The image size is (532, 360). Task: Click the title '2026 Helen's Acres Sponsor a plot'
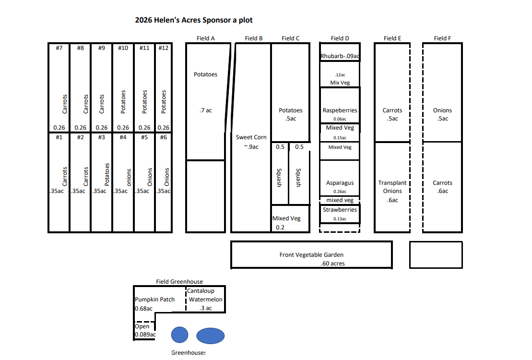(x=193, y=20)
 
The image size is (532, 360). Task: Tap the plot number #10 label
(x=123, y=48)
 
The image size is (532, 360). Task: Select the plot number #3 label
(x=101, y=137)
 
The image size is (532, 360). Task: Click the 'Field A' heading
(x=206, y=38)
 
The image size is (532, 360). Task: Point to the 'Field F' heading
(x=442, y=38)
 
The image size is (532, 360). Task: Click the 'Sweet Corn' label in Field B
(x=251, y=137)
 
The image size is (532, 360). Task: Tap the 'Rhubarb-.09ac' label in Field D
(x=340, y=57)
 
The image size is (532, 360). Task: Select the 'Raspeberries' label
(x=340, y=110)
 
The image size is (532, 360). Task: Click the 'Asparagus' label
(x=340, y=183)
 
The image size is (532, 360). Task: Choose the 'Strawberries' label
(x=340, y=210)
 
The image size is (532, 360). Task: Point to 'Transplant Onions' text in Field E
(x=392, y=187)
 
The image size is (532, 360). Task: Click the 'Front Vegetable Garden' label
(x=311, y=255)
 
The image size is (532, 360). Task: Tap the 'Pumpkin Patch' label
(x=154, y=300)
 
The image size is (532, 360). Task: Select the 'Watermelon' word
(x=205, y=300)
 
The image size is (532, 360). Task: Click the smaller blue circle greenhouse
(x=180, y=335)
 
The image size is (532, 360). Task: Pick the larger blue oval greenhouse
(x=210, y=336)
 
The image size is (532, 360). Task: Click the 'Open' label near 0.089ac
(x=142, y=326)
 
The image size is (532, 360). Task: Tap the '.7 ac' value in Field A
(x=205, y=111)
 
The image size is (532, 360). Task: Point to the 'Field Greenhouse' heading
(x=179, y=282)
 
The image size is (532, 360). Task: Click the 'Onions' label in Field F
(x=442, y=110)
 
